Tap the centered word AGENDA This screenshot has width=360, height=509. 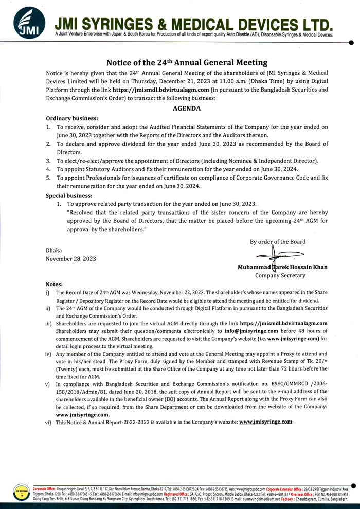(x=186, y=109)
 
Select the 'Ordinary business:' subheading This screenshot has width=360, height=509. (x=72, y=118)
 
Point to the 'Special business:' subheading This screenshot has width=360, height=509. (x=69, y=196)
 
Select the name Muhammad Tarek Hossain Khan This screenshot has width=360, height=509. (x=282, y=267)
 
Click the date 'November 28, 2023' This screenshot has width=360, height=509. (x=70, y=258)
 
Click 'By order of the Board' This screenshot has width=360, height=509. (x=277, y=241)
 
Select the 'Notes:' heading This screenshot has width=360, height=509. (x=54, y=284)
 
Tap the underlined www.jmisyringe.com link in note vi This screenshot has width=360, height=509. (x=266, y=422)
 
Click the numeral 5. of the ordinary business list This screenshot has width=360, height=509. (x=48, y=178)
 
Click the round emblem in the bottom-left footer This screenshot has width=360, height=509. (x=21, y=494)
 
